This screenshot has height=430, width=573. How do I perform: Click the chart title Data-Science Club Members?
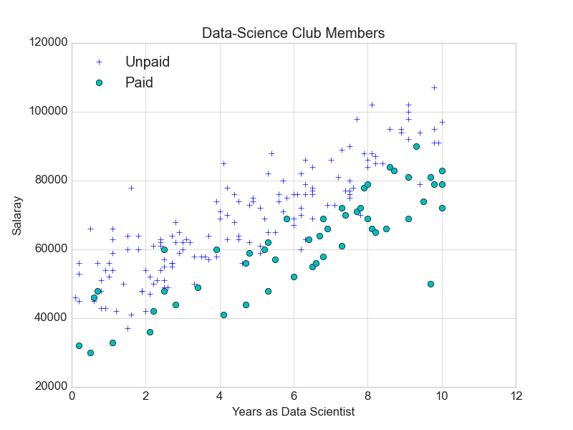click(294, 33)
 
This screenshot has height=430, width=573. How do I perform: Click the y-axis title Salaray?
click(16, 216)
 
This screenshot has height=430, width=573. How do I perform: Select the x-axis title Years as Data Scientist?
click(294, 412)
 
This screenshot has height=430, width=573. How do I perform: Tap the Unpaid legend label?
click(148, 62)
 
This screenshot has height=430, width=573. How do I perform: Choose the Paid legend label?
click(139, 82)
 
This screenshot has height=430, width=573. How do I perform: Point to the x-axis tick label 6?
click(294, 396)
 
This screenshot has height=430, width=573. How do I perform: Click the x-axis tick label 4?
click(220, 396)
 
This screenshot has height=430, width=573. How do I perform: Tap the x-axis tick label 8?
click(367, 396)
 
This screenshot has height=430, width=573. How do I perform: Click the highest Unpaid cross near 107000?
click(434, 87)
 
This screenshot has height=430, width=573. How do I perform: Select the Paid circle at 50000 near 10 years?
click(430, 284)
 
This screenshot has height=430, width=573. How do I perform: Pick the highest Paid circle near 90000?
click(416, 146)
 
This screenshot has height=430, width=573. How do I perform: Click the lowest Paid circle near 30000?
click(90, 353)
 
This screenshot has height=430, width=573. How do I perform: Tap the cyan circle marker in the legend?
click(100, 82)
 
